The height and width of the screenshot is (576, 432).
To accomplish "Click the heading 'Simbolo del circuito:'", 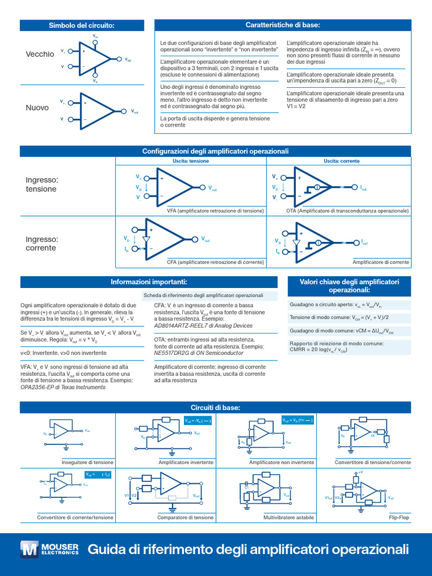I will click(x=82, y=25).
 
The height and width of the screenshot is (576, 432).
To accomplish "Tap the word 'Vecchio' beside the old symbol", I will click(x=40, y=54).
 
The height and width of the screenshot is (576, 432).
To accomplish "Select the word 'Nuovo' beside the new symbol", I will click(x=37, y=107).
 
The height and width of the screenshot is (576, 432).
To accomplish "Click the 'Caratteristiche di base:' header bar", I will click(x=282, y=25).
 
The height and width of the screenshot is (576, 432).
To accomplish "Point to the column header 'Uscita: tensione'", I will click(x=191, y=161).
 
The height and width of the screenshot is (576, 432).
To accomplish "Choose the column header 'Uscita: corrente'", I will click(x=341, y=161).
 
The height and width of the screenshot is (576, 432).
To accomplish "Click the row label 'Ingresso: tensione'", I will click(x=42, y=184).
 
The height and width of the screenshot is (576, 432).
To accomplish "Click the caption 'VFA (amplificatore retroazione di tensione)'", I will click(x=215, y=210).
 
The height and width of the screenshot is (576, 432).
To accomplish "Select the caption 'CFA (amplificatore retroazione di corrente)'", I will click(x=215, y=262).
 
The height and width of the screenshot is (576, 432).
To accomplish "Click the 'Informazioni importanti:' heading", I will click(x=148, y=282).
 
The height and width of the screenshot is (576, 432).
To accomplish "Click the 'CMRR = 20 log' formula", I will click(x=318, y=350).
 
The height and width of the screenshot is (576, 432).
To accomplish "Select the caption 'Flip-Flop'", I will click(x=399, y=517).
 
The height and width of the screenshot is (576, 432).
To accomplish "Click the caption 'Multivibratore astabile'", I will click(x=289, y=517).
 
